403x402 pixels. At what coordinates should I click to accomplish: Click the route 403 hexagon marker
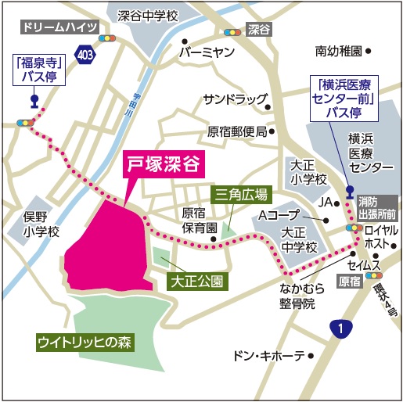tap(85, 52)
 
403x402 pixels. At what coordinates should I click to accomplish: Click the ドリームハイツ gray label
tap(59, 27)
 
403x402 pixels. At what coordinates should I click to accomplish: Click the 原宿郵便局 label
tap(237, 131)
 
